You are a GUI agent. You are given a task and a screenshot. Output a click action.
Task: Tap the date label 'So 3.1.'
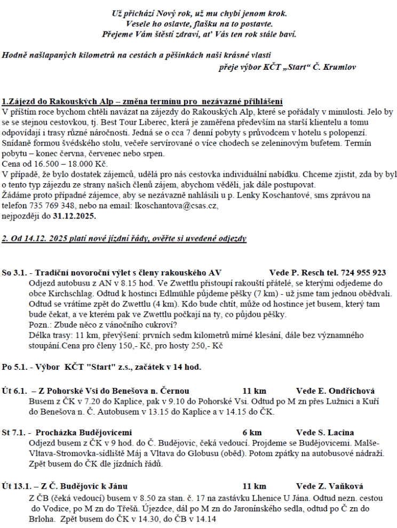tap(14, 273)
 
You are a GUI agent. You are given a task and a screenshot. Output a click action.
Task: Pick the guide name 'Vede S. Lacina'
tap(324, 432)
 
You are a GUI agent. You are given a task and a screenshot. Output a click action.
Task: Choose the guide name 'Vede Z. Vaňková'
tap(329, 486)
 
